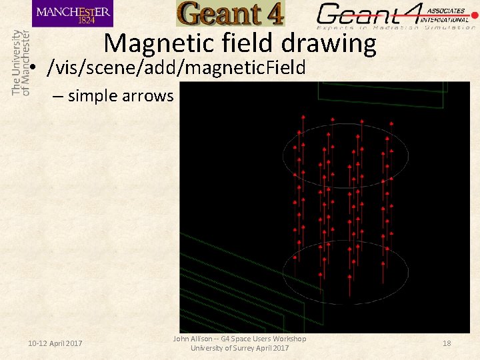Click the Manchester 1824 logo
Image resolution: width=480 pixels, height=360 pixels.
pyautogui.click(x=72, y=13)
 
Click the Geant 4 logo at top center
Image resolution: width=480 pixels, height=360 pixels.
pyautogui.click(x=230, y=13)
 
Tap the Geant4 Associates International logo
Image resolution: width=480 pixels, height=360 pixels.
pyautogui.click(x=397, y=15)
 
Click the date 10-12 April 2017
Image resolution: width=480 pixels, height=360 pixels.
pyautogui.click(x=55, y=343)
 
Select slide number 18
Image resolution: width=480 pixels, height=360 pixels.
pyautogui.click(x=447, y=343)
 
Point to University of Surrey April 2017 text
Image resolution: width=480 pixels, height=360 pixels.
pyautogui.click(x=240, y=348)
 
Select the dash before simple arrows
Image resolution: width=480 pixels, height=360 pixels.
pyautogui.click(x=57, y=96)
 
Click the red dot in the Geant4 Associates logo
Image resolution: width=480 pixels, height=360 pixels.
pyautogui.click(x=474, y=15)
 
